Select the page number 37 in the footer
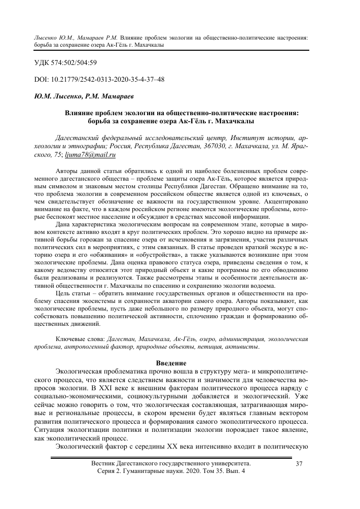[299, 478]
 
